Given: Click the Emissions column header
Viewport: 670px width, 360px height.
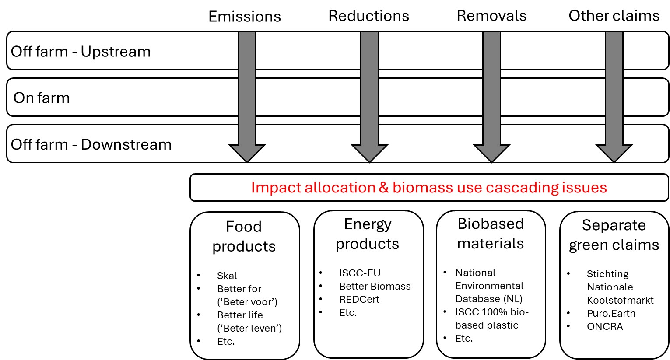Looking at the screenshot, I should [x=245, y=17].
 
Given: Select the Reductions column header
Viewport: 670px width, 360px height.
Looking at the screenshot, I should [x=368, y=16].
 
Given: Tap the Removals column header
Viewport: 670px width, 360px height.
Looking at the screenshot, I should [x=491, y=16].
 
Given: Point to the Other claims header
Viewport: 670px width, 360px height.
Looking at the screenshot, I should [x=614, y=16].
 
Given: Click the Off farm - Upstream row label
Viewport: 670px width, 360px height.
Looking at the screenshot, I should [x=81, y=52].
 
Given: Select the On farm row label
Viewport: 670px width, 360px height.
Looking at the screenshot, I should [x=42, y=98].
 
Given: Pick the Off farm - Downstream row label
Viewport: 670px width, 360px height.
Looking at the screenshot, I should [x=91, y=144].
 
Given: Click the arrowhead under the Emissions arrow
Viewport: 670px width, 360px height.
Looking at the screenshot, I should [x=247, y=153].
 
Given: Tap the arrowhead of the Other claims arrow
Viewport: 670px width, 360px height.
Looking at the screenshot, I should [x=614, y=153].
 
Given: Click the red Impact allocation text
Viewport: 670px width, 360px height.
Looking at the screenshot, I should [x=429, y=188].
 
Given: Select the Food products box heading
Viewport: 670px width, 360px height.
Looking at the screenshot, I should [x=244, y=236].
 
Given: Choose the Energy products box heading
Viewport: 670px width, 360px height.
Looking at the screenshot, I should [x=368, y=234].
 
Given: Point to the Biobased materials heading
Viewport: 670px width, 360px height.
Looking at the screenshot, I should [x=491, y=233].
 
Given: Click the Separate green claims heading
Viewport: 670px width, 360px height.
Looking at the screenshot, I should [x=614, y=235].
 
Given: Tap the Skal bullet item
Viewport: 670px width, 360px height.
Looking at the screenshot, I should [x=227, y=276].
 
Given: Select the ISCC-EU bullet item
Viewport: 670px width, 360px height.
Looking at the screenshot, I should [x=360, y=273].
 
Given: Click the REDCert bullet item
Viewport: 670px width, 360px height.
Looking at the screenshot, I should [x=359, y=300].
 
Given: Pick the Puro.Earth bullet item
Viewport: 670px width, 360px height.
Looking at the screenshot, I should [x=611, y=314].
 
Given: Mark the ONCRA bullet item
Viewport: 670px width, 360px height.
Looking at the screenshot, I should [x=605, y=327].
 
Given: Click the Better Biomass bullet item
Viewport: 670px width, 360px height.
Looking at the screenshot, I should [x=375, y=287].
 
